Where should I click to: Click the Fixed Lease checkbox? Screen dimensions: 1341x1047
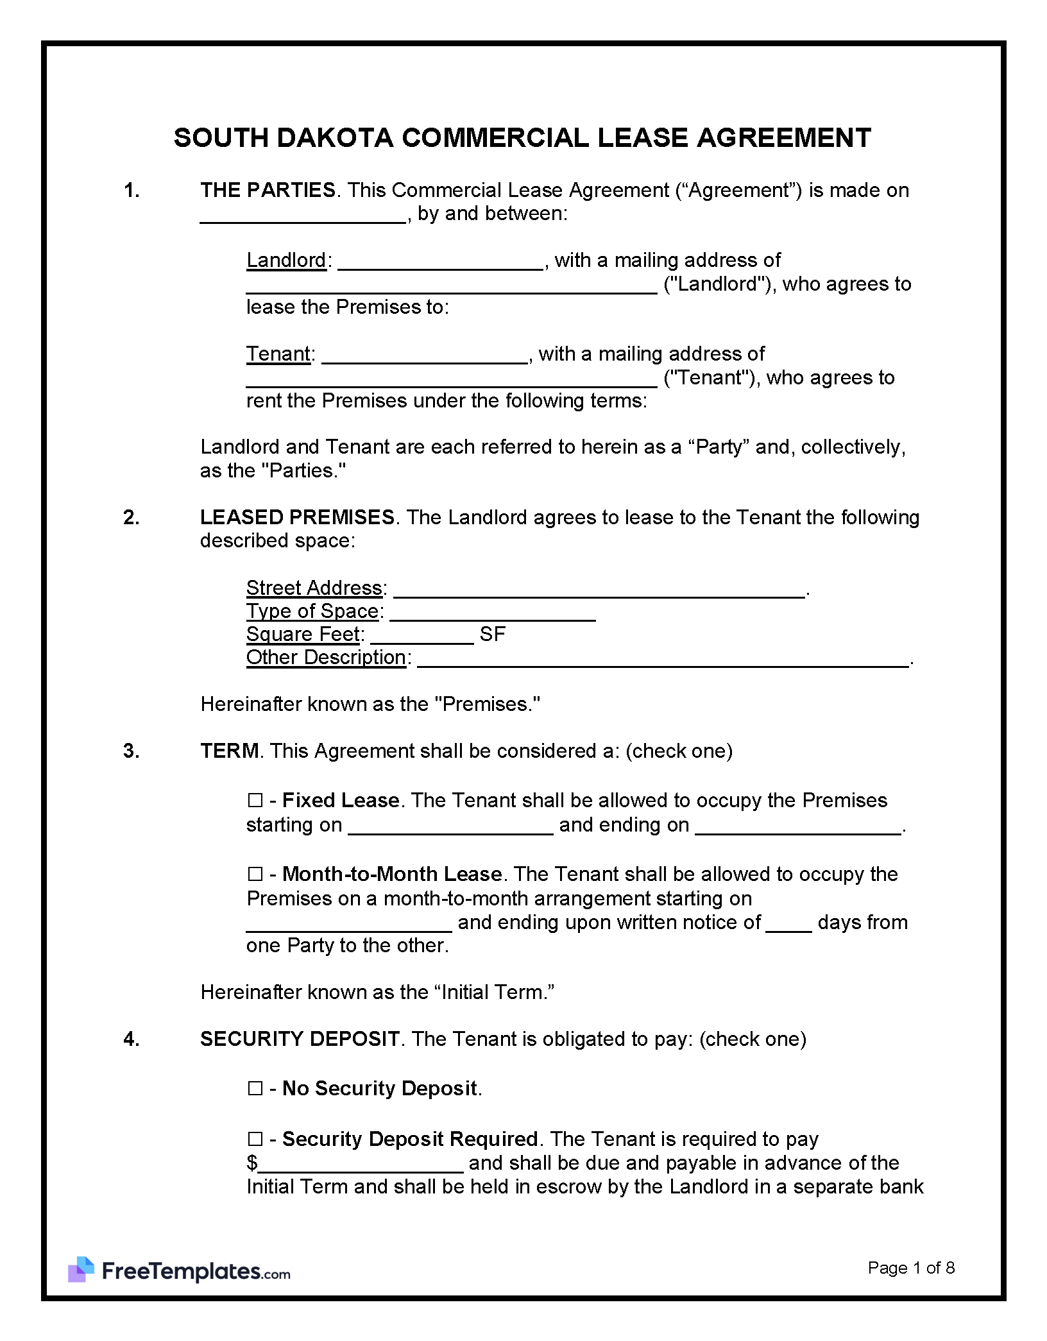click(255, 801)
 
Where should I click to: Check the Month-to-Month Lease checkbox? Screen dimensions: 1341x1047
click(255, 875)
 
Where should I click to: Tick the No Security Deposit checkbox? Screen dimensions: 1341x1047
click(255, 1089)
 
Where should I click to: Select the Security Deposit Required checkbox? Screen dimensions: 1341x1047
click(255, 1140)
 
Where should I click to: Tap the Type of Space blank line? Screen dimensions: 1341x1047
click(493, 613)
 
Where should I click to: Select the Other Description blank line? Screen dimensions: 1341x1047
click(663, 660)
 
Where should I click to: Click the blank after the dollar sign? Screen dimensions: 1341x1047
click(360, 1164)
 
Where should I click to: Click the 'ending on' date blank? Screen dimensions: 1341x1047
click(798, 827)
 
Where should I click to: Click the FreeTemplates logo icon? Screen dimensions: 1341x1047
click(81, 1270)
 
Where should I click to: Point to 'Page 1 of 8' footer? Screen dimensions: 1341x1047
click(911, 1268)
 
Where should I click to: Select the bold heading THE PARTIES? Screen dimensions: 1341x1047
click(268, 191)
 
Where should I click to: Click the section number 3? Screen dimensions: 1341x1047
click(131, 751)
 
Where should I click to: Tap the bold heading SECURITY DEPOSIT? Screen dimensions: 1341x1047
click(300, 1039)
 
